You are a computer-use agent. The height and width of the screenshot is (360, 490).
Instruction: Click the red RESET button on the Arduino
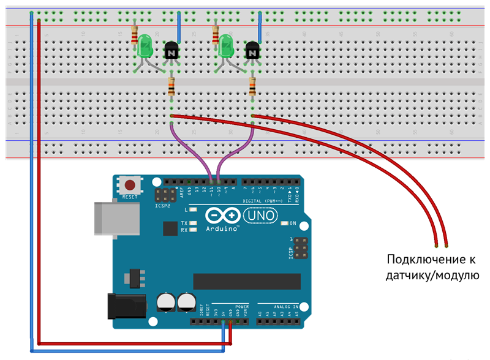tap(130, 185)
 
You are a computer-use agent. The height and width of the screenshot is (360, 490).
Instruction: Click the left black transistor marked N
tap(171, 51)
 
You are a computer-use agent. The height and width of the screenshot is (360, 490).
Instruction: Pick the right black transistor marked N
tap(252, 51)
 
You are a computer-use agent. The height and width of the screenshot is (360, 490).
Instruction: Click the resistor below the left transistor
tap(171, 87)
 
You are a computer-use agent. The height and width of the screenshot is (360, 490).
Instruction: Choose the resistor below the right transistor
tap(252, 87)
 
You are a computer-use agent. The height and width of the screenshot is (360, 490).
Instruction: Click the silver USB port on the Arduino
tap(106, 218)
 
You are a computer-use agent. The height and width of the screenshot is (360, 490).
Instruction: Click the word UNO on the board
tap(260, 216)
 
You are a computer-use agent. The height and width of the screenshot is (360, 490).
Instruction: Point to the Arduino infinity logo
tap(222, 216)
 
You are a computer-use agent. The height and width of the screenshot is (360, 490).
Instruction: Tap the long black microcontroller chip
tap(247, 281)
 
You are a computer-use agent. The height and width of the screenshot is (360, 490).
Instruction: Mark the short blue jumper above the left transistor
tap(178, 26)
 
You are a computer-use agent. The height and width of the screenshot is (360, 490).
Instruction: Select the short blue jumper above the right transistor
tap(260, 26)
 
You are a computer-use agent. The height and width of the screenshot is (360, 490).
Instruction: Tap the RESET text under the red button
tap(130, 197)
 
